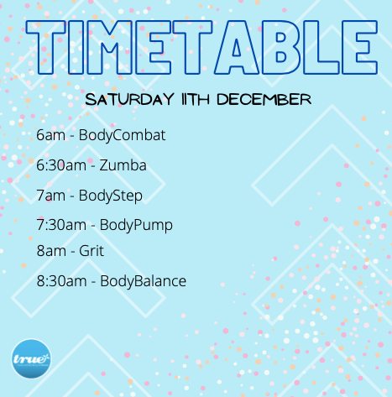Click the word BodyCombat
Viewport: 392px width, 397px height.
point(122,136)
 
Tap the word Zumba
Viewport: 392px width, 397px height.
point(123,165)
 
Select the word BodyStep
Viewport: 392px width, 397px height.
point(111,196)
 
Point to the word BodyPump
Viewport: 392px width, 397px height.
point(136,226)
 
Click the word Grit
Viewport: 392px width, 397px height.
point(91,251)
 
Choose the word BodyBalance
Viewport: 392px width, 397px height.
point(143,281)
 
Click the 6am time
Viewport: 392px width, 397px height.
point(50,135)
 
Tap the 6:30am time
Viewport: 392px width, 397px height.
point(61,165)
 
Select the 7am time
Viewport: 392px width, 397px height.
point(50,196)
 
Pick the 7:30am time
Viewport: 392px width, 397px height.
point(61,225)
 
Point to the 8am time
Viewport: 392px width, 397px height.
point(51,251)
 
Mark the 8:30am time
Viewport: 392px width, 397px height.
point(61,281)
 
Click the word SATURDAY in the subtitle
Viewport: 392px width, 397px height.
point(129,99)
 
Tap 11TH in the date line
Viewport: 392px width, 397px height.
point(196,100)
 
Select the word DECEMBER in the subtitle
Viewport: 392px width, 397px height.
point(264,100)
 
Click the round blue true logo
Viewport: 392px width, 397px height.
point(31,358)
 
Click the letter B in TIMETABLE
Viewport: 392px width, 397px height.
point(280,47)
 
